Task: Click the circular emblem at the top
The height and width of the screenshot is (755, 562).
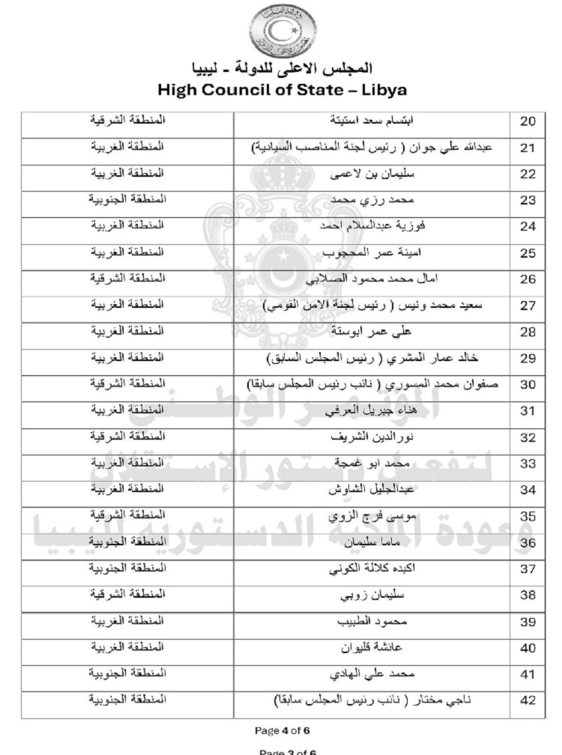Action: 281,28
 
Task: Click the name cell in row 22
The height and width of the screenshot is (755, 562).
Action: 372,175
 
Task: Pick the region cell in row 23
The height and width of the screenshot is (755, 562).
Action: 127,200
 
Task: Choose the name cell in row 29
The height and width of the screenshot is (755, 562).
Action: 372,358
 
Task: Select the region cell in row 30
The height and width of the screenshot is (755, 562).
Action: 127,383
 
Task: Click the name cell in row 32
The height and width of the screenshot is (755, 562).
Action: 372,437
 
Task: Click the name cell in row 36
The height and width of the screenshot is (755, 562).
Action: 372,542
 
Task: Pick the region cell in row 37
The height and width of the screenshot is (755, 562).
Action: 127,568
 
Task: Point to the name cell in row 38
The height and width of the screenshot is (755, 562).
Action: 372,595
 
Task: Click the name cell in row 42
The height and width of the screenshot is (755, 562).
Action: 372,700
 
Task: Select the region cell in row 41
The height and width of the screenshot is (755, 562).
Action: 127,674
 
